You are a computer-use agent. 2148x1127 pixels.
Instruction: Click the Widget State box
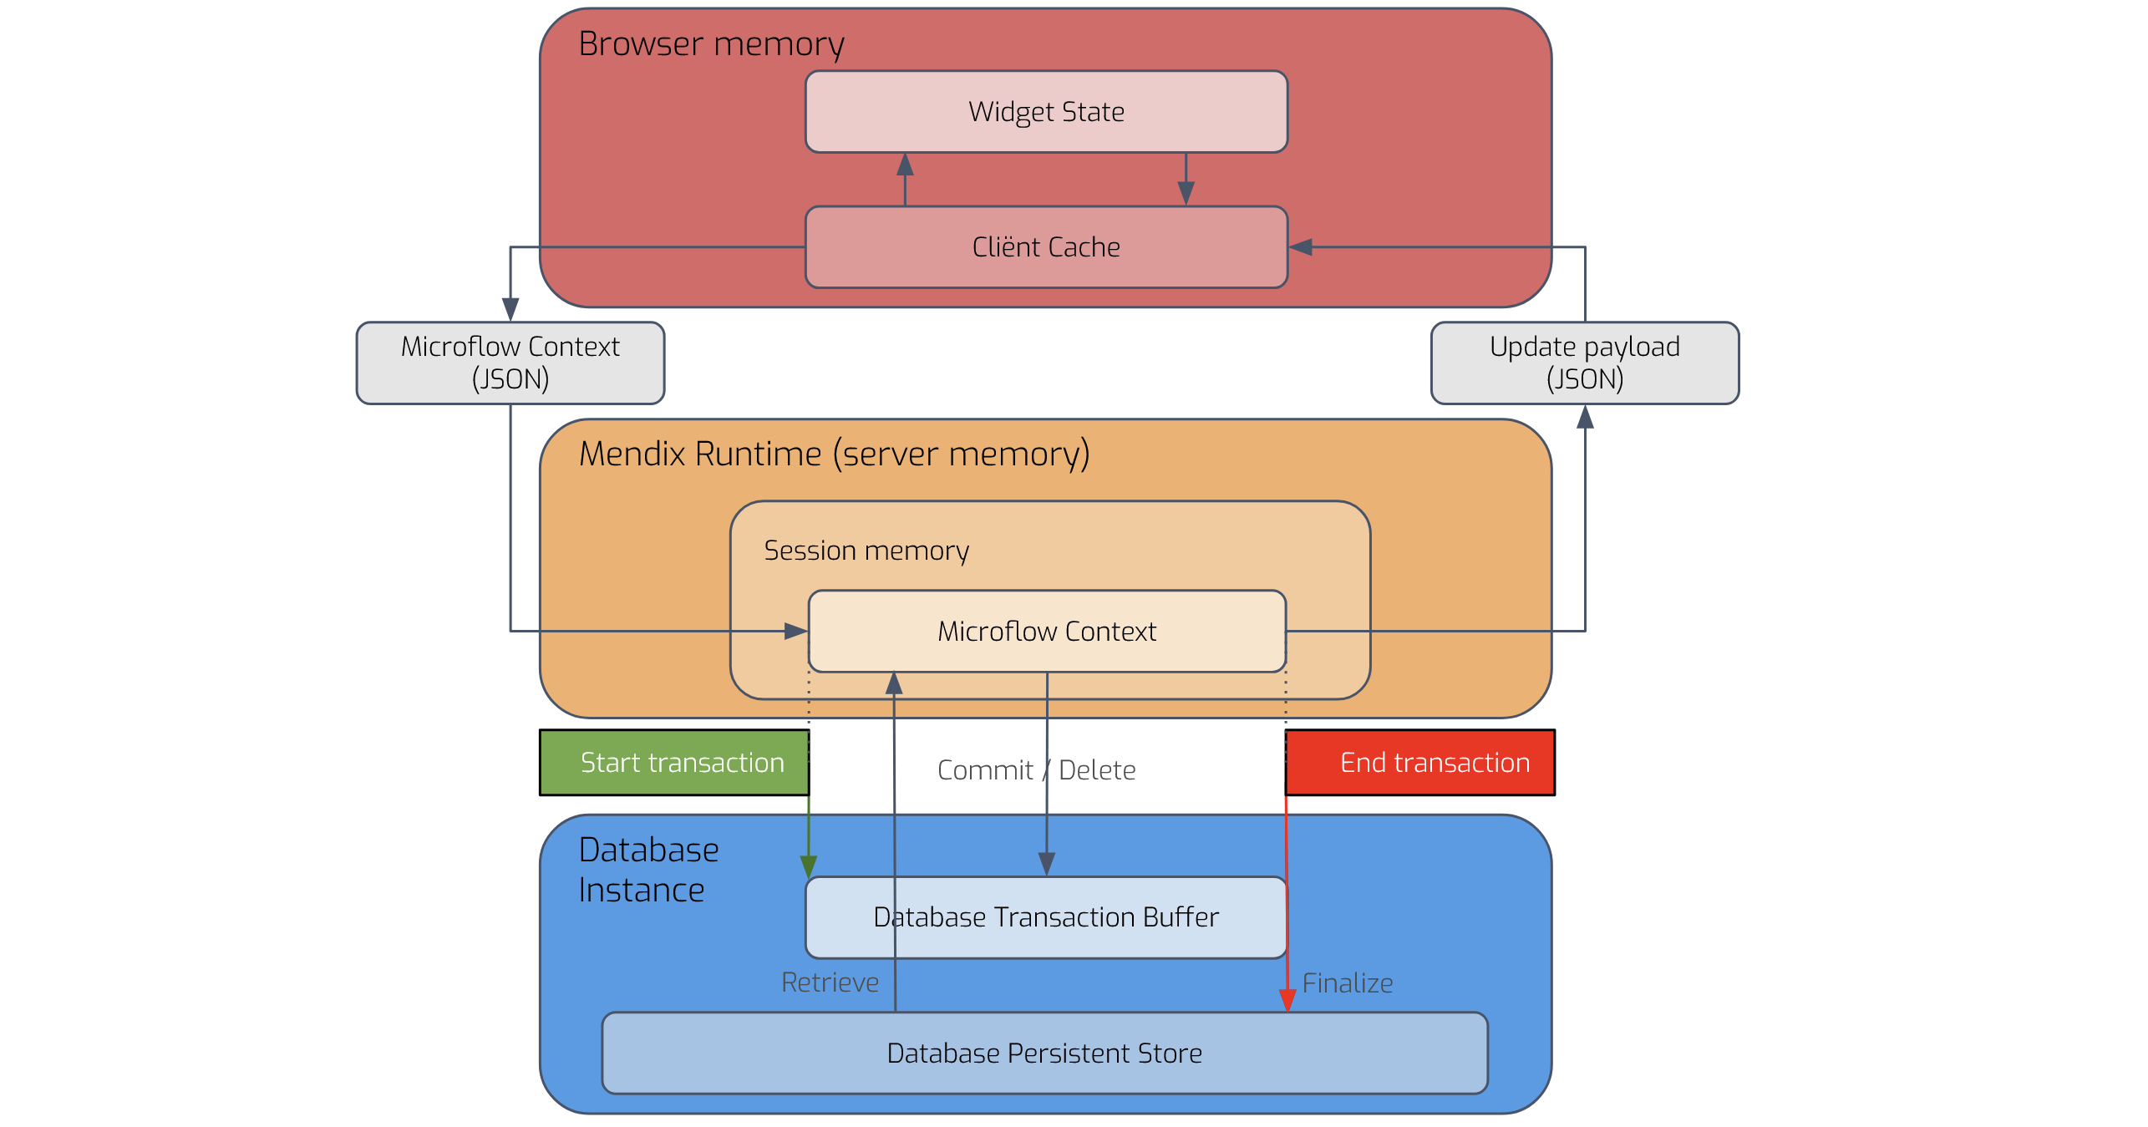tap(1046, 111)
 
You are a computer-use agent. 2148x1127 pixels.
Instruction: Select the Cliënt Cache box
tap(1046, 247)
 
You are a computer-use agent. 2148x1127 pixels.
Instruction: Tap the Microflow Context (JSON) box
tap(510, 363)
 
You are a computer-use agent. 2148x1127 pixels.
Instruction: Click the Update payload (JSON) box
tap(1584, 363)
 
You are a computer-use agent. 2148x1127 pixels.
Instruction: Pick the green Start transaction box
tap(674, 762)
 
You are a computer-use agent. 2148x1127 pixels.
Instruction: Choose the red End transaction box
tap(1419, 762)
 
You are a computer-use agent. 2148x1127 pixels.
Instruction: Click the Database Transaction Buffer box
tap(1046, 917)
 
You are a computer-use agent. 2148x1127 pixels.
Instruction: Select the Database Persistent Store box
tap(1044, 1053)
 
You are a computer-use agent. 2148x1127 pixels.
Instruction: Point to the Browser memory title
tap(711, 43)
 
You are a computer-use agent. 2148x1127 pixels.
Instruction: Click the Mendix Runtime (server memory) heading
tap(834, 454)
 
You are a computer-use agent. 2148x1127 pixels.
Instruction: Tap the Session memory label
tap(866, 551)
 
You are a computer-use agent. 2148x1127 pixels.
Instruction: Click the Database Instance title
tap(648, 870)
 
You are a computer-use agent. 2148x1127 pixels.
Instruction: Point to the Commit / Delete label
tap(1036, 769)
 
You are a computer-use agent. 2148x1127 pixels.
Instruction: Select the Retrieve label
tap(830, 982)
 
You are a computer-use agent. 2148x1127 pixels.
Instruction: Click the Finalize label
tap(1347, 983)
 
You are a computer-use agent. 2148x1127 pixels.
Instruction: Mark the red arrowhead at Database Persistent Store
tap(1287, 1001)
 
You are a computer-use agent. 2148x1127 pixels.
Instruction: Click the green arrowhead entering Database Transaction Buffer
tap(809, 866)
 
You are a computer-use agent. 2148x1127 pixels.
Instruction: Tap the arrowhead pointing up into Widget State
tap(905, 164)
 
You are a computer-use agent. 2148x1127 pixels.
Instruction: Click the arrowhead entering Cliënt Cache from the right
tap(1301, 247)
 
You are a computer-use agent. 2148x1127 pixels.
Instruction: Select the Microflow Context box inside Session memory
tap(1047, 632)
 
